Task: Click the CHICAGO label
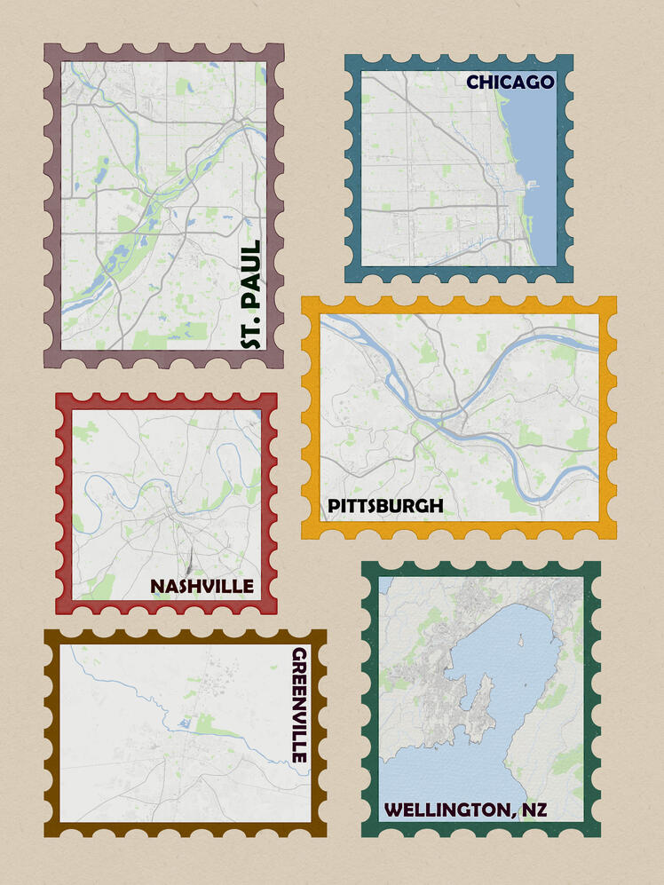510,83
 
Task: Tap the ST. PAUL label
251,293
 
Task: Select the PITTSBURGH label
385,506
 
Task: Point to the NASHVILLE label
202,586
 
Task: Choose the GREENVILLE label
300,705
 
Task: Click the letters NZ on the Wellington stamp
534,810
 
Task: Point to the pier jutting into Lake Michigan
533,184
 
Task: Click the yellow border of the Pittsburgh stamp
310,417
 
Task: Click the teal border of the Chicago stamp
352,169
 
